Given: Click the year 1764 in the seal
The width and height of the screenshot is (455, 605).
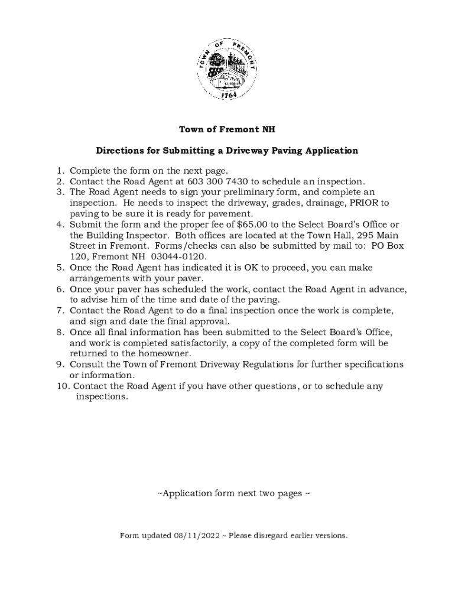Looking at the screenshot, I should point(228,95).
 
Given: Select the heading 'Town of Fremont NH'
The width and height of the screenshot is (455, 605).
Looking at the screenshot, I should point(227,129).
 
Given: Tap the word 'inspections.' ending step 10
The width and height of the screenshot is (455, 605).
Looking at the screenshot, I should point(102,396).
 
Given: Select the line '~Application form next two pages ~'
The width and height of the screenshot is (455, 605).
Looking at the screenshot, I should point(233,493).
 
